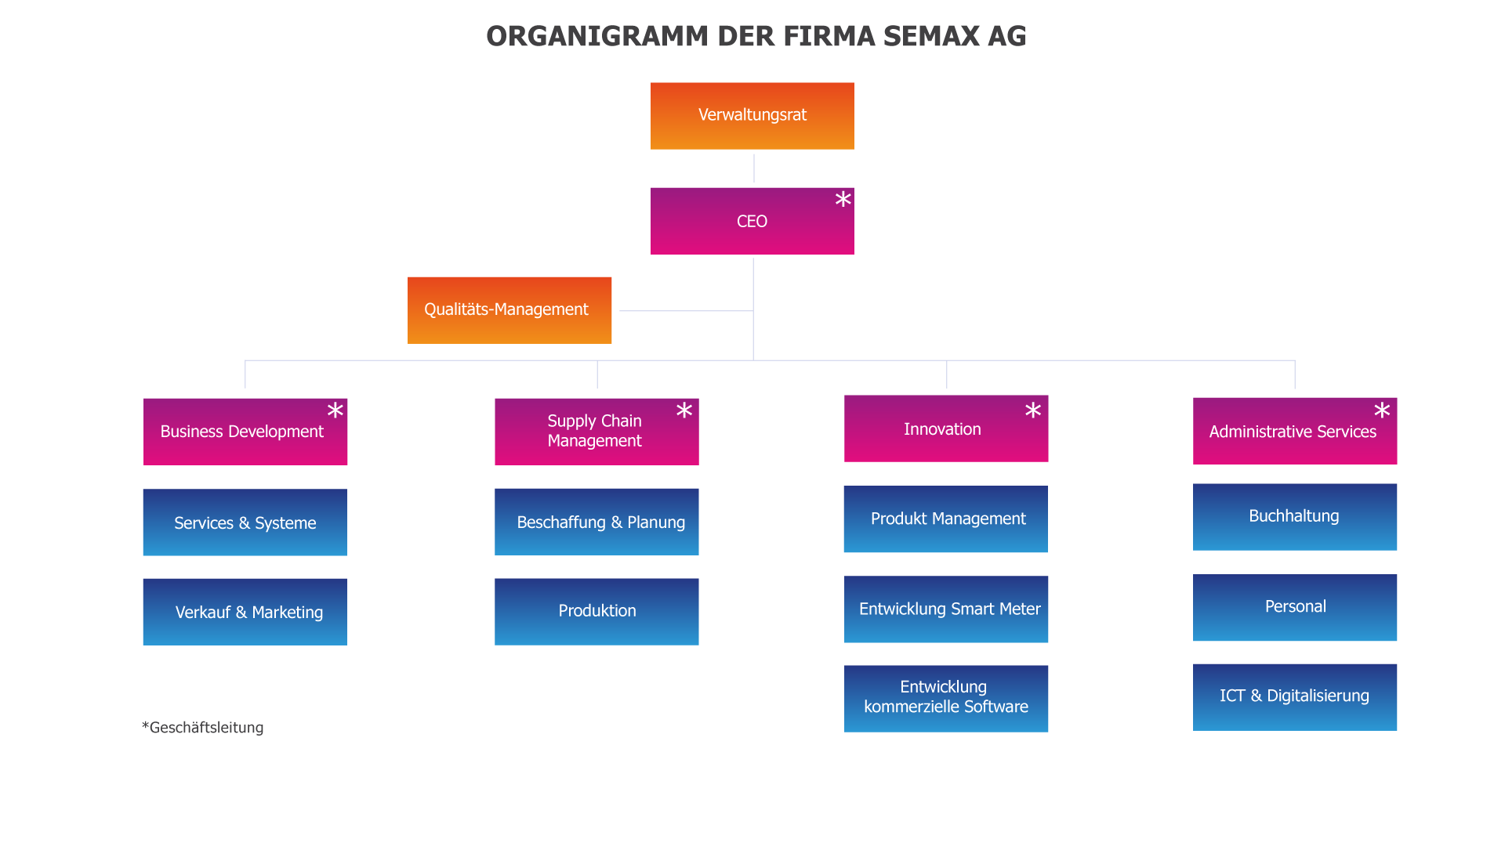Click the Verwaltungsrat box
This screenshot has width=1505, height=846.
point(752,116)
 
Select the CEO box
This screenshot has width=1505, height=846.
point(752,222)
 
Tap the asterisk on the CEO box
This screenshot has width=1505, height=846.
point(843,200)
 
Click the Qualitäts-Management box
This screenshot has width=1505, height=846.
point(510,310)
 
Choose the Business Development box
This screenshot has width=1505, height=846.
point(245,432)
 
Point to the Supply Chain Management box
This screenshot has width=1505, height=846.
point(597,432)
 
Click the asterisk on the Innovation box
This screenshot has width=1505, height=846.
point(1033,410)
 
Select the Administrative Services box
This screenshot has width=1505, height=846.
point(1295,431)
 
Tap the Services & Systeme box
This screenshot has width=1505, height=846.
point(245,522)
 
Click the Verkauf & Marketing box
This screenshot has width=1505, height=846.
point(245,612)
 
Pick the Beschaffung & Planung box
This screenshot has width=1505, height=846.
point(597,522)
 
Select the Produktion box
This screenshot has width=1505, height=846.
point(597,612)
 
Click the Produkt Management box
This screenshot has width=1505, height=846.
point(945,519)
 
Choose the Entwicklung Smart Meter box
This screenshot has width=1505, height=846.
point(946,609)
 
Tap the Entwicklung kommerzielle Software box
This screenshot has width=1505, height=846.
point(946,699)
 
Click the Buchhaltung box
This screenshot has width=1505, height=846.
point(1295,517)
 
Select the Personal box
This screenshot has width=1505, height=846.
point(1295,608)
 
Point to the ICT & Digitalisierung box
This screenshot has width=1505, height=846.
point(1295,697)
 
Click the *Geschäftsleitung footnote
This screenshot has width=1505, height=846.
point(203,728)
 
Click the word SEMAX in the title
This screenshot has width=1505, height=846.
point(931,37)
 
